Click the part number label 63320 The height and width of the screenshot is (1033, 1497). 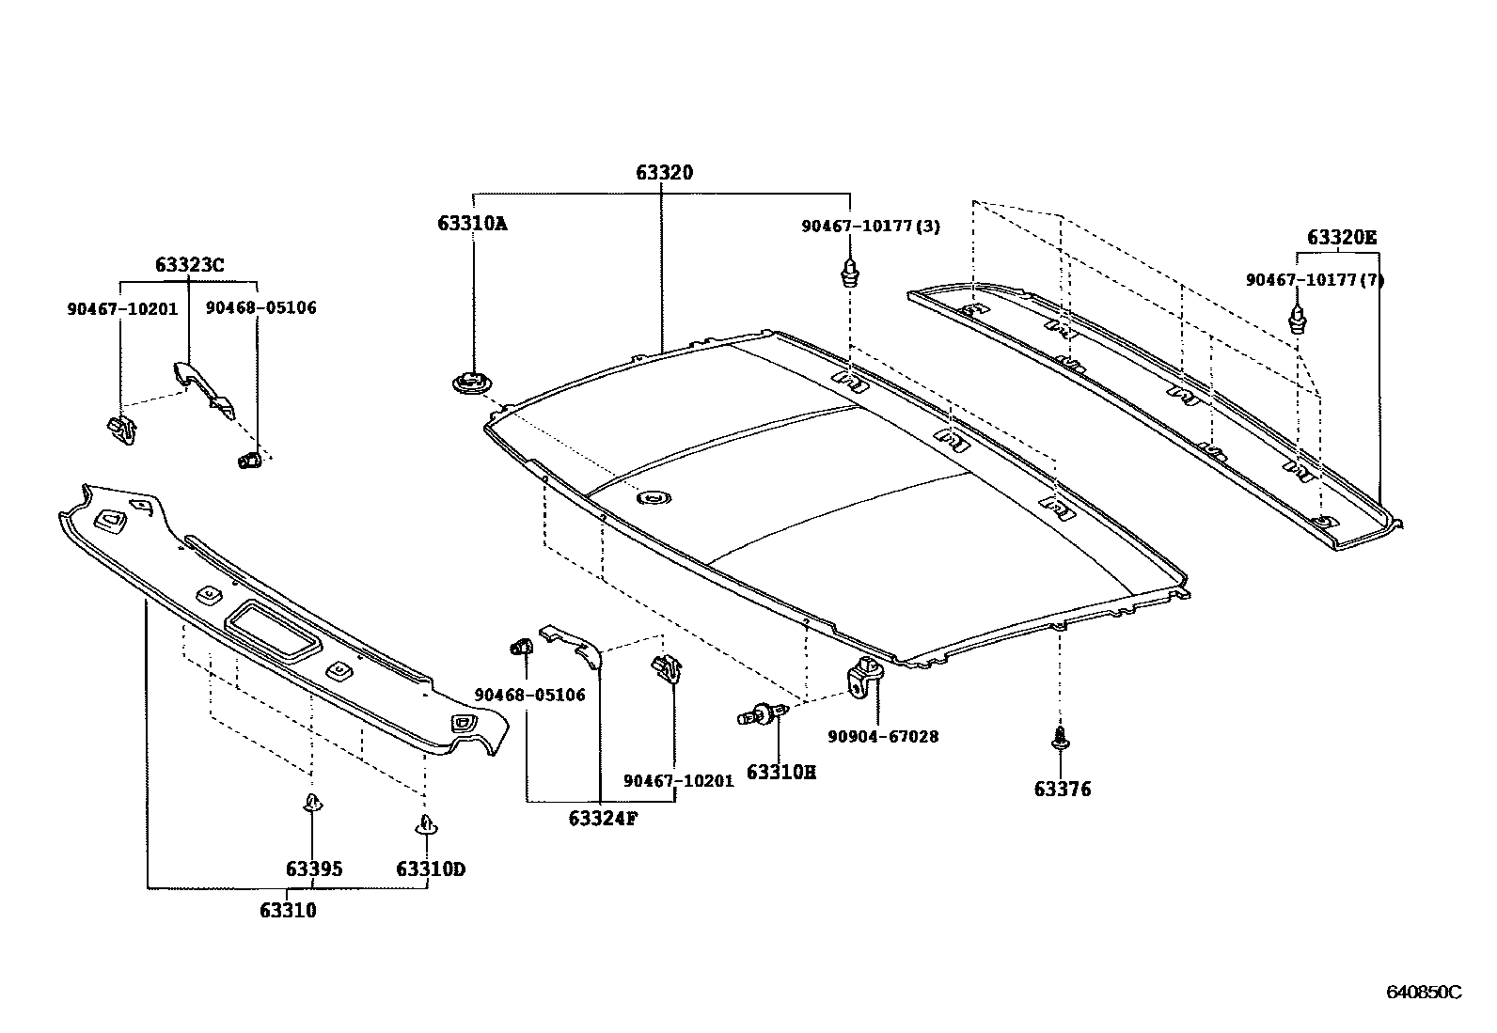tap(664, 173)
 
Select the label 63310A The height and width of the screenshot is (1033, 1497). tap(472, 224)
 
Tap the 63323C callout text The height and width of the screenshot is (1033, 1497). tap(190, 265)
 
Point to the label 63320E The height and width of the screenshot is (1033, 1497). tap(1341, 238)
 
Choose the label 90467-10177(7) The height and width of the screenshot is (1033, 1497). tap(1315, 280)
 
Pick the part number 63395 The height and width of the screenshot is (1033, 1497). tap(314, 869)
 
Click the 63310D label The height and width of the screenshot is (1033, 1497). tap(431, 869)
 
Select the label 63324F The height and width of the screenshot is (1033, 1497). tap(603, 818)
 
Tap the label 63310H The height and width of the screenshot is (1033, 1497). tap(781, 773)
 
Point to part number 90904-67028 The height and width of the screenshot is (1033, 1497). tap(883, 737)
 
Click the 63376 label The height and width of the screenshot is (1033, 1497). tap(1063, 790)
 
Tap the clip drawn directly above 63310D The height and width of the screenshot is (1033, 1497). tap(426, 824)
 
